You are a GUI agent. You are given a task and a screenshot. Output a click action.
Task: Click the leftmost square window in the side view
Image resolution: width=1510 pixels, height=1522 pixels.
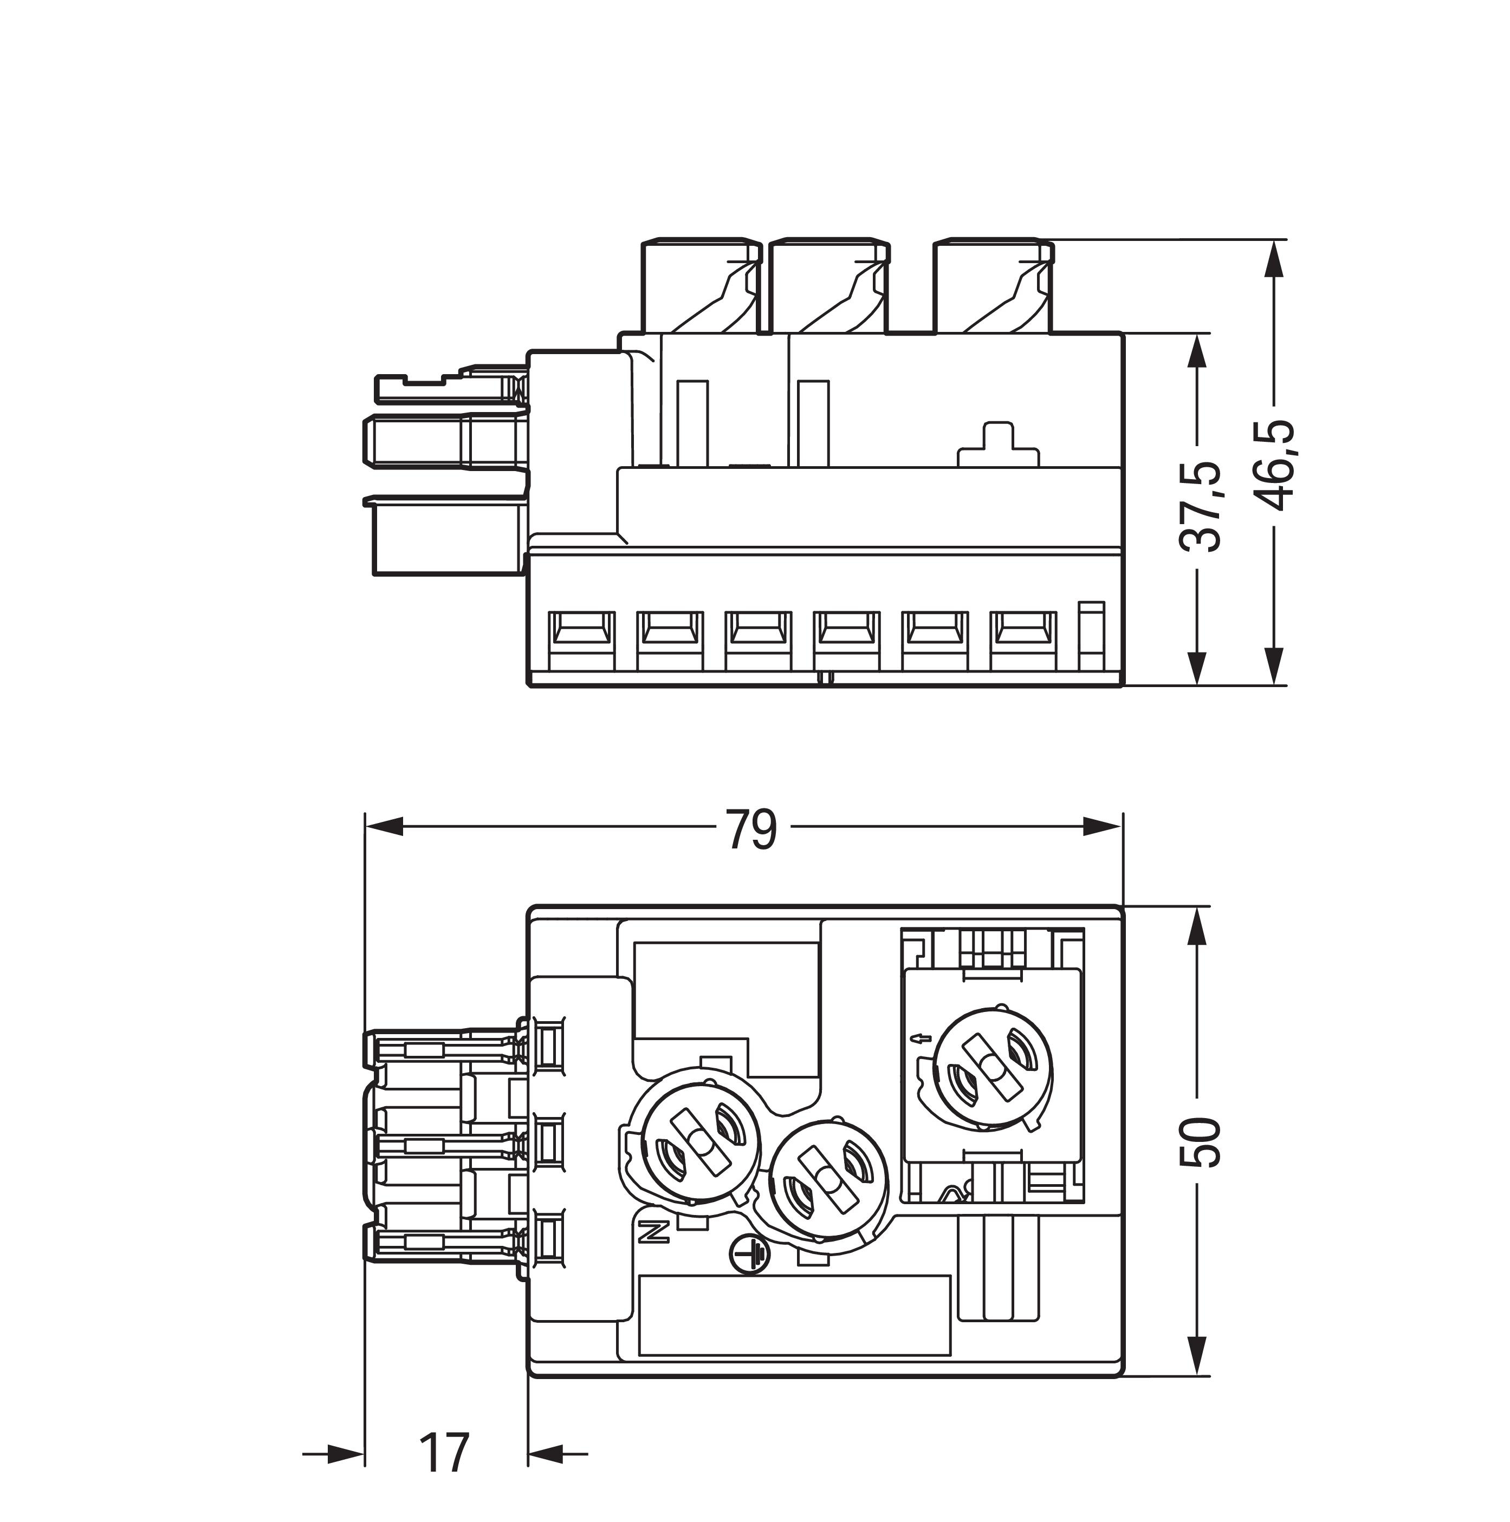click(582, 630)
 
